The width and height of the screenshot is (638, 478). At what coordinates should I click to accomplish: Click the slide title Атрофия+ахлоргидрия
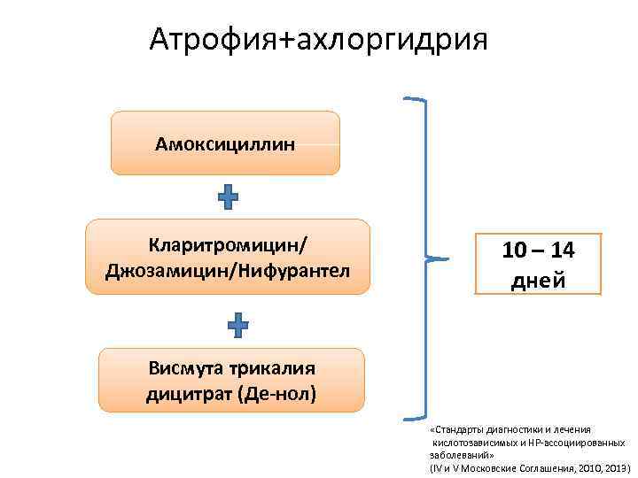coord(318,39)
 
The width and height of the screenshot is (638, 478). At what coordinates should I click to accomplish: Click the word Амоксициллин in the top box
coord(225,143)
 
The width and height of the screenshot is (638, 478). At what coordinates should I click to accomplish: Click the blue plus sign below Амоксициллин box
coord(228,197)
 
